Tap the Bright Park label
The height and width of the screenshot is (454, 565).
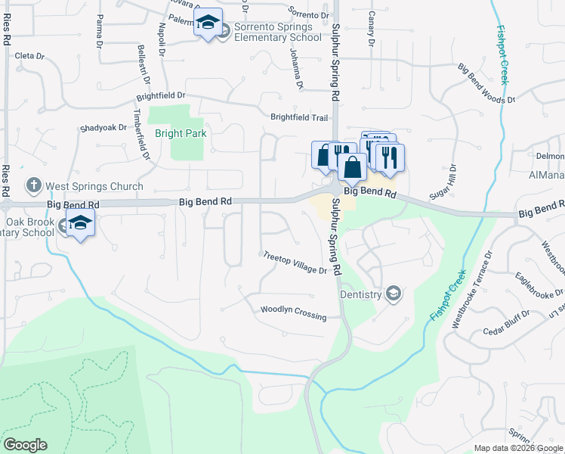click(x=181, y=133)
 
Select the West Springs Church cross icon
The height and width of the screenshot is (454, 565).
click(x=33, y=185)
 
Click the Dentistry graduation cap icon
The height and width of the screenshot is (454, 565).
click(x=393, y=294)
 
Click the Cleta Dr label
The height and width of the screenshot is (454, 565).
click(x=30, y=56)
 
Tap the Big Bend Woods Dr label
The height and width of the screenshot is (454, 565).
click(x=486, y=83)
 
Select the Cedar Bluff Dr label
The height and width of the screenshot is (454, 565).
click(x=504, y=328)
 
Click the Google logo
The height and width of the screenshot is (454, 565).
click(x=25, y=445)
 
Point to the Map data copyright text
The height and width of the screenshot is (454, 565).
click(x=518, y=448)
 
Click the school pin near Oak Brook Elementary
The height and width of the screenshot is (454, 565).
click(x=79, y=225)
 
